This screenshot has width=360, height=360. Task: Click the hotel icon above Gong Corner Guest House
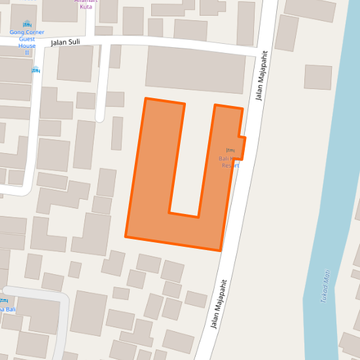pos(27,24)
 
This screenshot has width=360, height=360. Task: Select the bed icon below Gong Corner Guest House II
pos(36,69)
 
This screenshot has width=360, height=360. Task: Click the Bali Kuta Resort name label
pos(230,162)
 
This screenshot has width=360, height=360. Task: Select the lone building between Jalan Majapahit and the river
pos(318,77)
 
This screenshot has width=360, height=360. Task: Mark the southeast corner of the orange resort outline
pos(221,250)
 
